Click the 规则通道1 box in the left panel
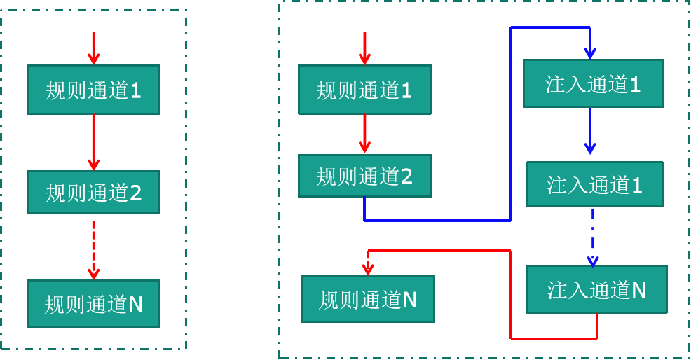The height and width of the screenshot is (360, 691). click(x=93, y=90)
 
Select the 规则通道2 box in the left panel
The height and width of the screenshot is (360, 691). click(x=93, y=192)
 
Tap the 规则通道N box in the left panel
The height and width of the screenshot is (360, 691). click(x=93, y=303)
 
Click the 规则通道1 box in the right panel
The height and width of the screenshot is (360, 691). click(x=364, y=90)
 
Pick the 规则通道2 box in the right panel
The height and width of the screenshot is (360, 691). click(x=364, y=176)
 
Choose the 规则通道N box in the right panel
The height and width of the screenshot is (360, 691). click(x=368, y=299)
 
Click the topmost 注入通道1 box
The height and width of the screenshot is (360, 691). click(x=594, y=83)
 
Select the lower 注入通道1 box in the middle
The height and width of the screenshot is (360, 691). click(x=595, y=184)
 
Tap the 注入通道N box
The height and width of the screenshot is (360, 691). click(x=597, y=289)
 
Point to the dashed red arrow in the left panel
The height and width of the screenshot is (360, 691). click(x=93, y=249)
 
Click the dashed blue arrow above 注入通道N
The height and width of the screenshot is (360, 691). click(x=593, y=238)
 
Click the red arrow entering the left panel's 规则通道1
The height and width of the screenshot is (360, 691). click(x=93, y=48)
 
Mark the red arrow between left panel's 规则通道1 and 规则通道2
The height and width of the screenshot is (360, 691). click(x=93, y=142)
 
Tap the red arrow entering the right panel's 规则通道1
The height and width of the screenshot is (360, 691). click(x=364, y=48)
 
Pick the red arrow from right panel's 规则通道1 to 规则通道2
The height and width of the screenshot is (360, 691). click(x=364, y=134)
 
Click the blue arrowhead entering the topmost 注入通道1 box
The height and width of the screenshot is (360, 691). click(x=590, y=53)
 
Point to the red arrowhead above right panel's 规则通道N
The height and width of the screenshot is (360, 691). click(x=368, y=268)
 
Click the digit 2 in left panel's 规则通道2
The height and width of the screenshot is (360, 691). click(x=135, y=193)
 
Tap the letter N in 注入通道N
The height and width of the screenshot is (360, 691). click(x=638, y=290)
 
